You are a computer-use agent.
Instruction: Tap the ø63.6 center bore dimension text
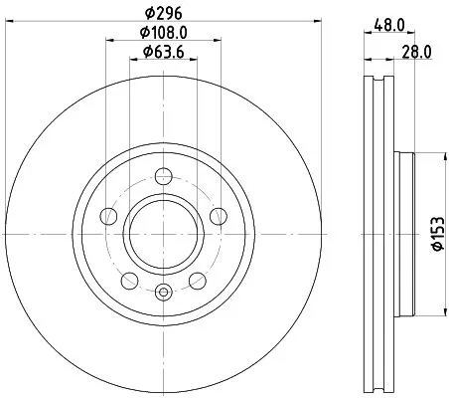pos(163,52)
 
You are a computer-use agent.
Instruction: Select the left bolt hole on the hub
pos(109,214)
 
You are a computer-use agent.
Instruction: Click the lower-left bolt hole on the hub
pos(129,279)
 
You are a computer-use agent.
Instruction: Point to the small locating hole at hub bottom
pos(163,292)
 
